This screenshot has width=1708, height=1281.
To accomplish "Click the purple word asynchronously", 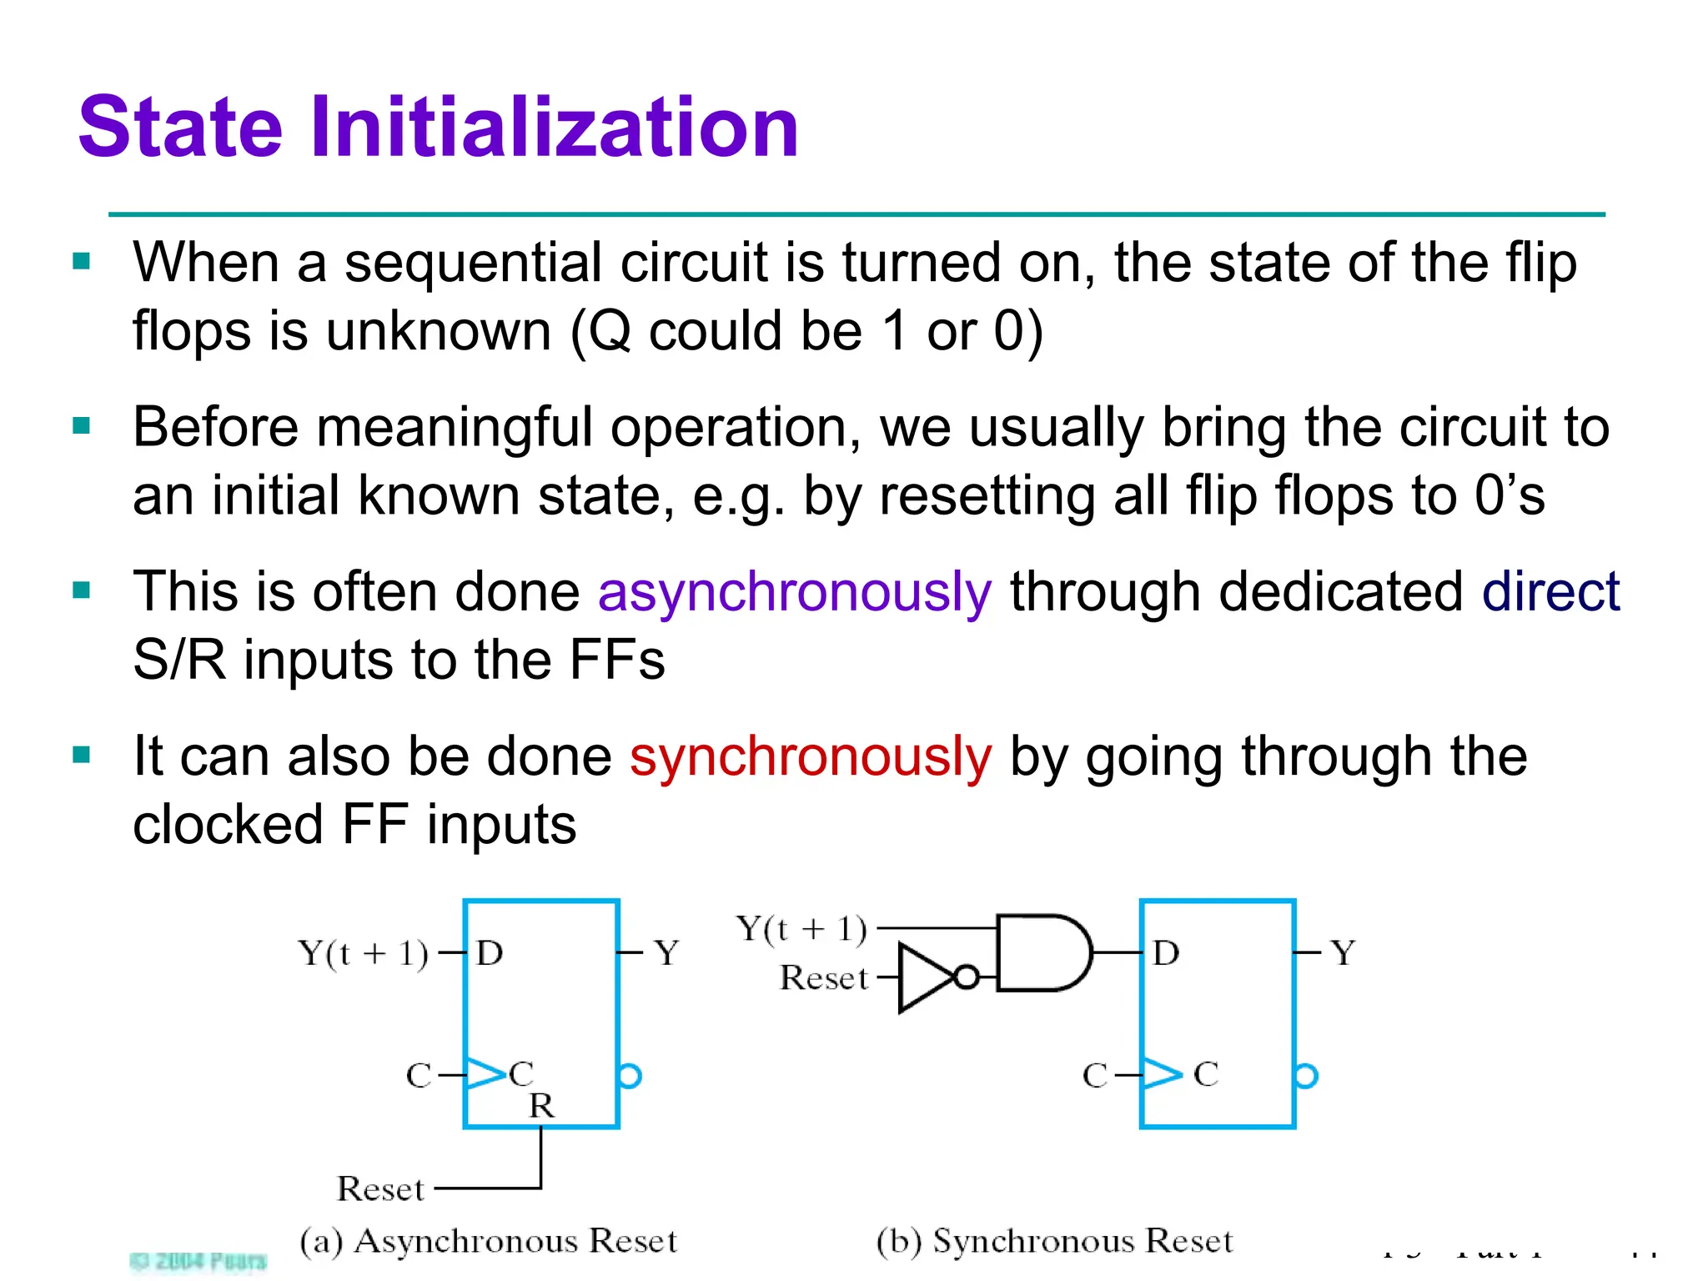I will click(x=795, y=592).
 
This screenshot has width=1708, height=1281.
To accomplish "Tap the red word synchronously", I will click(x=811, y=756).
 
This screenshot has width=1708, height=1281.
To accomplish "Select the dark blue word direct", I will click(x=1550, y=592).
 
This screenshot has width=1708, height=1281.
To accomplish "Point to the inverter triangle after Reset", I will click(x=926, y=977).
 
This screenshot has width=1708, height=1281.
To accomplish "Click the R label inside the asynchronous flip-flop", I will click(x=541, y=1106).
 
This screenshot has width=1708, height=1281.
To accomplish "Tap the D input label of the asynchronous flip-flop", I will click(x=490, y=952).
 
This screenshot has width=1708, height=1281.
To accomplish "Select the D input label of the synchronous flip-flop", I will click(x=1166, y=952).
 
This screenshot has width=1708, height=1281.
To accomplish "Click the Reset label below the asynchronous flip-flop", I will click(x=381, y=1188).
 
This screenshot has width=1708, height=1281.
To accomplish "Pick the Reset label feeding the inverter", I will click(x=824, y=977).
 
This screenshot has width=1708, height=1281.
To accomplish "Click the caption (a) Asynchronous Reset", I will click(x=489, y=1241).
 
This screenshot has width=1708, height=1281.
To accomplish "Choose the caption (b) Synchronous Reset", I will click(x=1054, y=1241).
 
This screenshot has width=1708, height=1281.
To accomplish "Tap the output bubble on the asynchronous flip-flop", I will click(x=630, y=1076).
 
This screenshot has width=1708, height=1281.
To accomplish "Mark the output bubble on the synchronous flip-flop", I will click(x=1307, y=1076).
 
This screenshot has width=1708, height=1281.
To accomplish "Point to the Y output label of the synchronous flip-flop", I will click(x=1343, y=952).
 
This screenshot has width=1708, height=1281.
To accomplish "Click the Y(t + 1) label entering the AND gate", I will click(x=801, y=928).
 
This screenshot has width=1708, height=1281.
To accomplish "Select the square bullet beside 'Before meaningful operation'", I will click(x=82, y=426).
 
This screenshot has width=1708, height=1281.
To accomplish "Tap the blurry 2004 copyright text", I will click(x=198, y=1260).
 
